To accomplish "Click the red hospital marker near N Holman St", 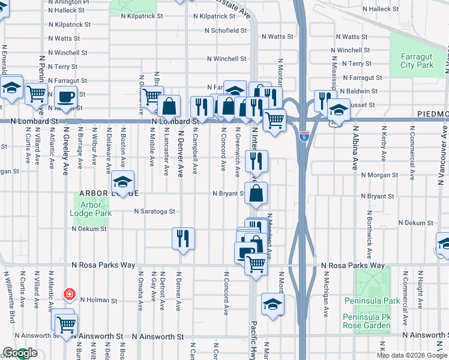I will [70, 294].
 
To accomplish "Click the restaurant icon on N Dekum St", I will [183, 238].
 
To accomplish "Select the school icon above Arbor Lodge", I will [122, 182].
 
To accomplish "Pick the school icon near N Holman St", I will [273, 304].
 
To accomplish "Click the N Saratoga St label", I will [154, 211].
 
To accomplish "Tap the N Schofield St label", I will [226, 30].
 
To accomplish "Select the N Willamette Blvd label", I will [10, 298].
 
